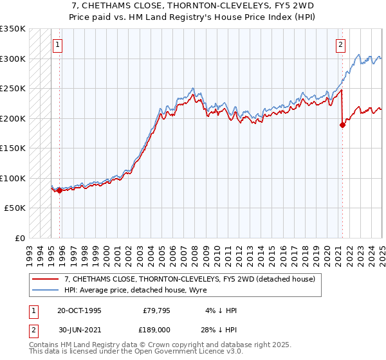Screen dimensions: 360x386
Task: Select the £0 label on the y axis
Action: pos(19,239)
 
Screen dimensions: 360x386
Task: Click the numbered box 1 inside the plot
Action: pos(58,45)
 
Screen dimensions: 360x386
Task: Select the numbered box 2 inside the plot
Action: pos(340,45)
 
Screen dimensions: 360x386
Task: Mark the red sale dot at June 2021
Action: pos(342,125)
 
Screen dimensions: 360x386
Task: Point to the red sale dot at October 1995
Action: pos(60,190)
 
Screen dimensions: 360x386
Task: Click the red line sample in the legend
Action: pos(44,280)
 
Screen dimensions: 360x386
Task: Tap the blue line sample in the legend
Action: pos(44,291)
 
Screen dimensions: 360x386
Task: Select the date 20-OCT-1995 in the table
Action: pos(79,310)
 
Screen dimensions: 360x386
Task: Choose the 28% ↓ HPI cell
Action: pos(218,328)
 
